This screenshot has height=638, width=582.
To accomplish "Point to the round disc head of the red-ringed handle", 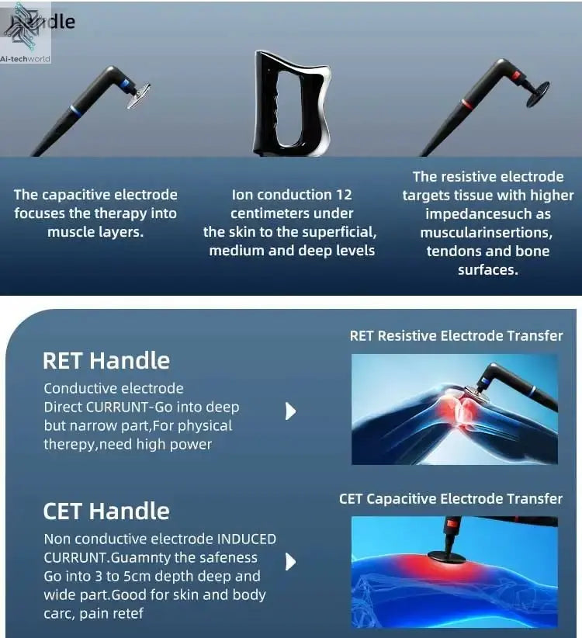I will (x=537, y=91).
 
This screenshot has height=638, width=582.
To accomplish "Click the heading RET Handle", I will (x=106, y=361).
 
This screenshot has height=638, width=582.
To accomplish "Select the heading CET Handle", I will (x=106, y=511).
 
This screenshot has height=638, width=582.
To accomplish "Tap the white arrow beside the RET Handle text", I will (x=291, y=411).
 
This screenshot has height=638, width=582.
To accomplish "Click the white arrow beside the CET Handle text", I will (x=291, y=561).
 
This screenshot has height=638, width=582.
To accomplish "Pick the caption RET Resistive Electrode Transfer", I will (x=456, y=336).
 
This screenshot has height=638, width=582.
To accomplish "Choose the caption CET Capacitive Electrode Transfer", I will (x=451, y=498).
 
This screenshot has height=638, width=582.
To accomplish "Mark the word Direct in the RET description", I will (x=64, y=407).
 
